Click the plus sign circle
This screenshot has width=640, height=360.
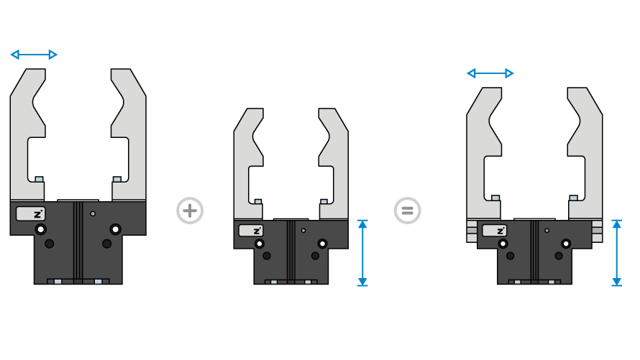(x=190, y=211)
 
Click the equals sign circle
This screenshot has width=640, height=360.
(x=407, y=211)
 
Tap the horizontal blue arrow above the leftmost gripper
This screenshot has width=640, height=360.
(x=34, y=55)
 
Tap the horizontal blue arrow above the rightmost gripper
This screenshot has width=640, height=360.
(x=490, y=73)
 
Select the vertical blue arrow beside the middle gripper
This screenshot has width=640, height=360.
(x=362, y=253)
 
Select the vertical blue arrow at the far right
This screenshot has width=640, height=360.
(x=616, y=253)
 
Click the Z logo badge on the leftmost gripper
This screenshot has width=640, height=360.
(x=31, y=213)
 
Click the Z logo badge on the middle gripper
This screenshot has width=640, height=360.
(x=251, y=231)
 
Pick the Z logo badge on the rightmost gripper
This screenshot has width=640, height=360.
(x=494, y=231)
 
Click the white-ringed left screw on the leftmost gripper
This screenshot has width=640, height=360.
(x=41, y=229)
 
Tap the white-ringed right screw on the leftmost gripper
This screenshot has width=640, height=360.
(x=115, y=229)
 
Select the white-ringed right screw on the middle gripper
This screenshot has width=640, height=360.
(x=322, y=244)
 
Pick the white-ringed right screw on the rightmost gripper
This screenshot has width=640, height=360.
(x=566, y=244)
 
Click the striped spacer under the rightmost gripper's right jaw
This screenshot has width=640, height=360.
(x=597, y=231)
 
